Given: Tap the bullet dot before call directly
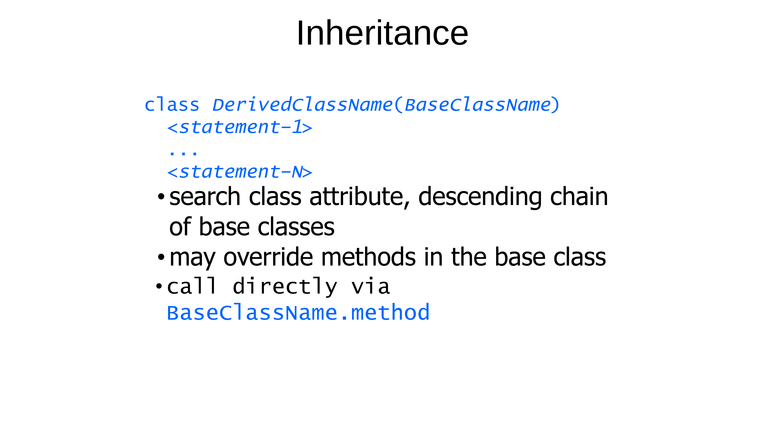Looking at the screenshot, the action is (x=159, y=286).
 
